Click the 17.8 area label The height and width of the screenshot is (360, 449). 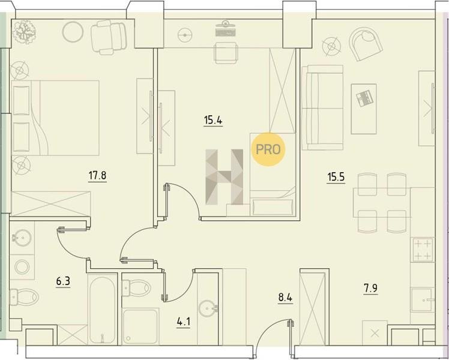pos(97,175)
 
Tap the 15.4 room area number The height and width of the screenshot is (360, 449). pos(213,120)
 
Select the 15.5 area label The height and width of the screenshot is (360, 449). pos(336,177)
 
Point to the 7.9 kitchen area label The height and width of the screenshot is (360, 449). pos(370,289)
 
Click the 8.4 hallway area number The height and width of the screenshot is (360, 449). pos(285,298)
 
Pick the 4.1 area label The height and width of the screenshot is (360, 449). pos(183,322)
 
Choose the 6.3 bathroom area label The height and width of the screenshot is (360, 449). pos(63,281)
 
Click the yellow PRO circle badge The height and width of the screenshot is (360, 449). pos(268,149)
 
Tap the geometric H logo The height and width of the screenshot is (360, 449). pos(224,177)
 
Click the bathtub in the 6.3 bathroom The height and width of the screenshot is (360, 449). pos(103,309)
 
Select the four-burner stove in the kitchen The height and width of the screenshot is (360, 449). pos(422,250)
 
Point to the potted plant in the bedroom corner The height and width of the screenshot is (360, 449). pos(24,32)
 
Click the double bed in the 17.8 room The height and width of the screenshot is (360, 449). pos(55,118)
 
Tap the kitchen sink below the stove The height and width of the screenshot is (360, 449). pos(423,300)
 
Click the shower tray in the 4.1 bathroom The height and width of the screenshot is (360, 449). pos(140,326)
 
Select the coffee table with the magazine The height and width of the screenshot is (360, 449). pos(364,109)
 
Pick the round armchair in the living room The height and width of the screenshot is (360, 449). pos(366,44)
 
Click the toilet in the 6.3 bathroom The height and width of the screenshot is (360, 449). pos(24,296)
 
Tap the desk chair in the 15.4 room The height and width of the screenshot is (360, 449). pos(226,53)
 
